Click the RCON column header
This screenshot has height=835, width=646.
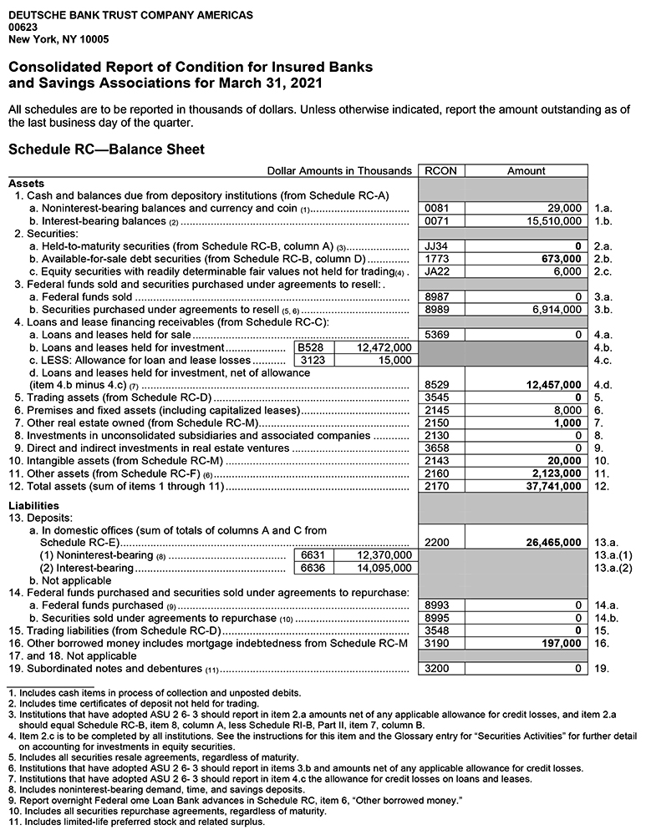(440, 170)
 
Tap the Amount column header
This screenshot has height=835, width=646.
(526, 170)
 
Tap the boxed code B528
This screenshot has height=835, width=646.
(312, 347)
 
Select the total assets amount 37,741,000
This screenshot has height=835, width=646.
(548, 487)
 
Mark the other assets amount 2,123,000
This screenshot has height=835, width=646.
(552, 473)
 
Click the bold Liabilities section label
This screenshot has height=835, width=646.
(33, 505)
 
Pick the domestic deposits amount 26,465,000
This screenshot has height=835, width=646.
(548, 542)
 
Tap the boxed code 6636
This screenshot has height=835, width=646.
(312, 568)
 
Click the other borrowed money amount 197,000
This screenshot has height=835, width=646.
(561, 644)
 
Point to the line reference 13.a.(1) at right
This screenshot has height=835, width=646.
(613, 555)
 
